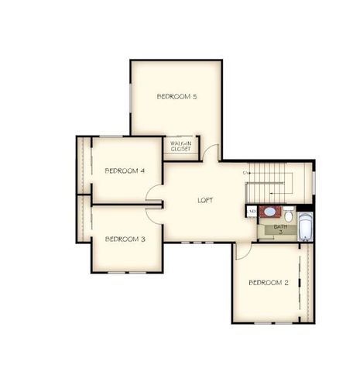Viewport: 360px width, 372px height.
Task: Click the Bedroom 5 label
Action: click(x=177, y=97)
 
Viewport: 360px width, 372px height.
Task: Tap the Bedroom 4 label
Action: click(x=125, y=170)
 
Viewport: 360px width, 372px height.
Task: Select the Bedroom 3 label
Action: click(x=125, y=239)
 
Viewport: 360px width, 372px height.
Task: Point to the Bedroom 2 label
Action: click(x=269, y=283)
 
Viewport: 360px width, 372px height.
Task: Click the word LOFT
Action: click(x=205, y=200)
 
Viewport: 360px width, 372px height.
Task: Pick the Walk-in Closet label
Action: click(x=181, y=146)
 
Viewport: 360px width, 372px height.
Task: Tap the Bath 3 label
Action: click(x=280, y=229)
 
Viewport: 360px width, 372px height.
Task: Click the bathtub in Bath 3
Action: click(x=305, y=227)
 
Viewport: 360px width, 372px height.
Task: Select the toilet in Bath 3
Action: click(x=288, y=215)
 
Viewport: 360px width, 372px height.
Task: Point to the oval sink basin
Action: click(x=269, y=211)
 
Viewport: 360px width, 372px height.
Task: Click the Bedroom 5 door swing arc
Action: click(x=212, y=153)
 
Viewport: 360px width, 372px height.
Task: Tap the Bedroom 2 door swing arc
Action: click(x=243, y=250)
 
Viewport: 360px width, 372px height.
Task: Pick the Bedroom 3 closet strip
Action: click(x=84, y=219)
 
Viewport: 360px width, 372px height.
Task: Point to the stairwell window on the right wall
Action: click(x=314, y=180)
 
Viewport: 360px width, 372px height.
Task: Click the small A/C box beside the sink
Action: click(x=252, y=211)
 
